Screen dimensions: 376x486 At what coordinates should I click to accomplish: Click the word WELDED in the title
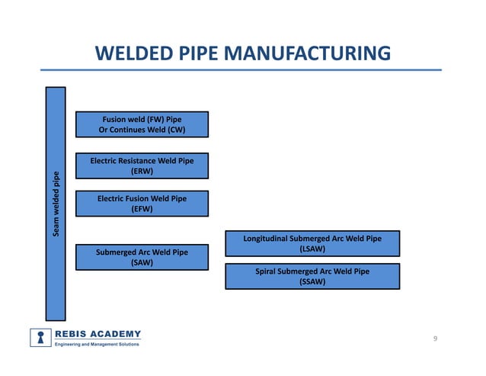click(133, 53)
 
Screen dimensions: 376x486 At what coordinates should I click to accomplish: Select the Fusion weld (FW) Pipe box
click(142, 124)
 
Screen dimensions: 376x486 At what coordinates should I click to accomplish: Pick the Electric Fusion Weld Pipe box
click(142, 204)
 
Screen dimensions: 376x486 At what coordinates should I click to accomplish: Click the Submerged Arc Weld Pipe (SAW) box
click(142, 257)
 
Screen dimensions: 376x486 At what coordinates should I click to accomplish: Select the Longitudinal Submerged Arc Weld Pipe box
click(312, 244)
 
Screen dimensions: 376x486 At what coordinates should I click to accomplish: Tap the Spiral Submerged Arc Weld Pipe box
click(312, 276)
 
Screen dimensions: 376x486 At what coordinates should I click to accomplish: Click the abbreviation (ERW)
click(142, 172)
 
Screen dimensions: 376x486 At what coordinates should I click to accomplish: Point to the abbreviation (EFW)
click(142, 209)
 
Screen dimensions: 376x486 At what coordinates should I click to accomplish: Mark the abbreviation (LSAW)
click(312, 249)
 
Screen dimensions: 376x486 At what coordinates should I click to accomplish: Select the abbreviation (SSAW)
click(312, 281)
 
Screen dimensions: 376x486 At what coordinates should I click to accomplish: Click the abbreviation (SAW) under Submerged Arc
click(142, 262)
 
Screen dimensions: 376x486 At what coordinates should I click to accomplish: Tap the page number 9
click(434, 339)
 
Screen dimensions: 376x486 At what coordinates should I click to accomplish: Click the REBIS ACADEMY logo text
click(98, 333)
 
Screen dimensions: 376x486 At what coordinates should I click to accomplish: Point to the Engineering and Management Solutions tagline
click(96, 345)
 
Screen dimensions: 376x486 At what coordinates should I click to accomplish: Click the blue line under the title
click(243, 71)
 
